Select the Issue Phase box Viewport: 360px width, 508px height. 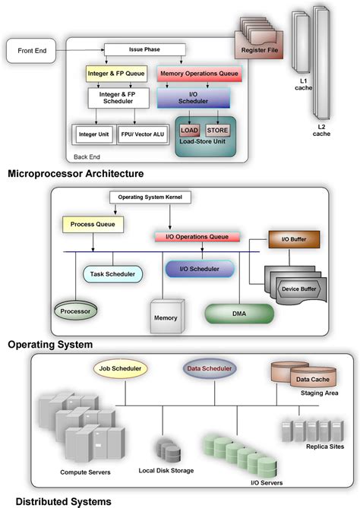point(145,50)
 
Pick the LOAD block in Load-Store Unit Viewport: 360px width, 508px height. point(189,130)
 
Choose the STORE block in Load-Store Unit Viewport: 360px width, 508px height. point(218,130)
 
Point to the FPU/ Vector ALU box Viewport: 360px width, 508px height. point(141,134)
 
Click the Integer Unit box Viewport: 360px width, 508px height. point(93,134)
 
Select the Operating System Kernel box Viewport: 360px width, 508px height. point(152,197)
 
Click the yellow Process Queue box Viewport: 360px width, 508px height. point(93,226)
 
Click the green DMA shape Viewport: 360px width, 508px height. point(238,312)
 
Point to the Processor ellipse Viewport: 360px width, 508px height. point(75,311)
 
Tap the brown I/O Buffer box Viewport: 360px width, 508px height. point(293,240)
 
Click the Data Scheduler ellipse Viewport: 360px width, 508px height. point(209,370)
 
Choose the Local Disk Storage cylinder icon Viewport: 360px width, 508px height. point(166,447)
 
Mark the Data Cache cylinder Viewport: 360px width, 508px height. point(311,378)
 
